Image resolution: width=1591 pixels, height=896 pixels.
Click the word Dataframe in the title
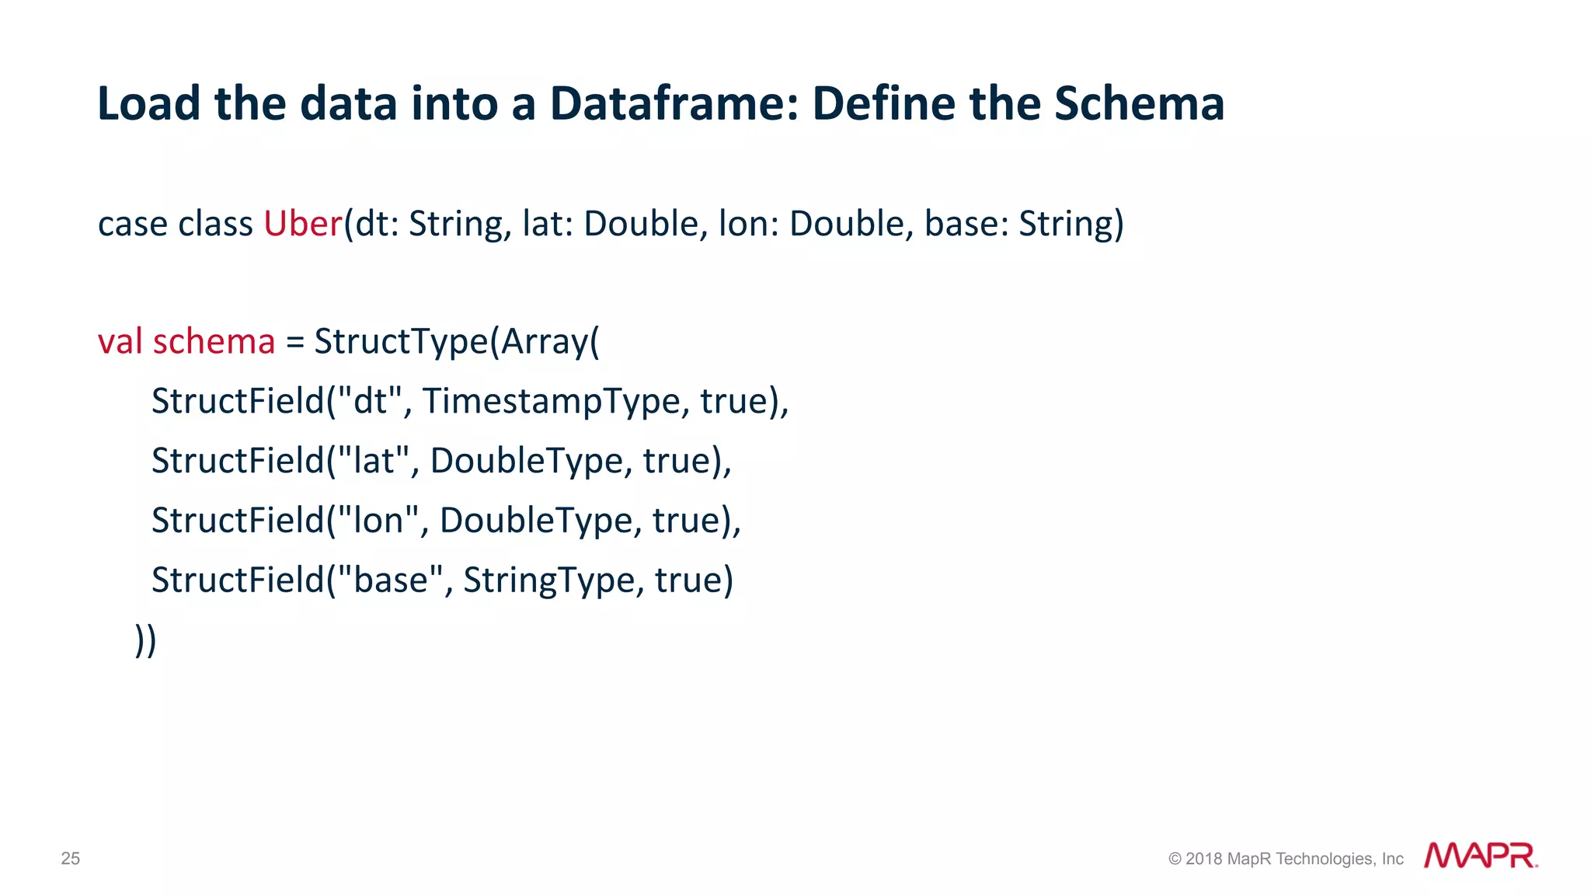(674, 104)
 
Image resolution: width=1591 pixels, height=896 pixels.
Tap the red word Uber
(302, 224)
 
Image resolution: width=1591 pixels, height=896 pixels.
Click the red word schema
(214, 342)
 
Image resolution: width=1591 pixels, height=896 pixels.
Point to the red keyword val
(120, 342)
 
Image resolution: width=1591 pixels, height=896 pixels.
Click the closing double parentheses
(145, 640)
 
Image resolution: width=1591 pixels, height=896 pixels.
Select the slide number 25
(71, 859)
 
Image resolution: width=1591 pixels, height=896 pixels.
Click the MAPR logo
(1480, 856)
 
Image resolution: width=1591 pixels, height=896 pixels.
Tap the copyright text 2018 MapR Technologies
(1286, 859)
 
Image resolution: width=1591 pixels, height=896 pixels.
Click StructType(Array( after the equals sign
(457, 342)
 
